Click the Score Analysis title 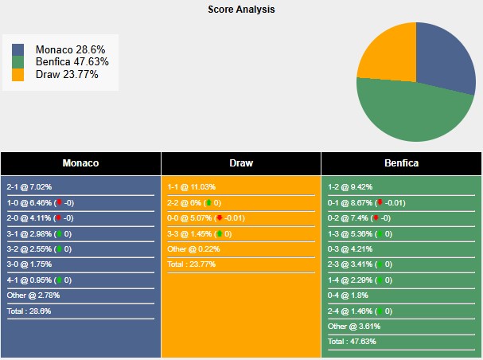pos(241,10)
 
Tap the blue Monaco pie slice pos(446,60)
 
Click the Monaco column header pos(80,163)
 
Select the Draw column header pos(241,163)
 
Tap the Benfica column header pos(402,163)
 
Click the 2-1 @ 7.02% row pos(28,187)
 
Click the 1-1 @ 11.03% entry pos(190,187)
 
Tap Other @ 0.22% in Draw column pos(194,249)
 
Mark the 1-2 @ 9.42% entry pos(350,187)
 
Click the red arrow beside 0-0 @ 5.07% pos(219,218)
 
